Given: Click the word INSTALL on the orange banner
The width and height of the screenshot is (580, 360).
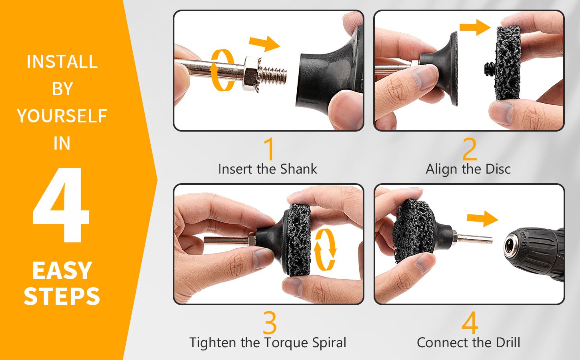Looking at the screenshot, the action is click(x=62, y=62).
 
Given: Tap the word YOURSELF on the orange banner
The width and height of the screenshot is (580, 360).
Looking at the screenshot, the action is click(x=62, y=116).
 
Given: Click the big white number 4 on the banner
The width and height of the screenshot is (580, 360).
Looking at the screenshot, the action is click(x=61, y=205).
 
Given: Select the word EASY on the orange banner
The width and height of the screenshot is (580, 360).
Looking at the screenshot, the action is click(x=62, y=271).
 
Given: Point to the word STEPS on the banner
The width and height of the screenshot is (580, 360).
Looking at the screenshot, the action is click(x=62, y=296).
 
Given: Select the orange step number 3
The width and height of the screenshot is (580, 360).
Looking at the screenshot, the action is click(x=270, y=322).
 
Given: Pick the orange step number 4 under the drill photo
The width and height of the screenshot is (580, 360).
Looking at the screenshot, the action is click(x=470, y=322).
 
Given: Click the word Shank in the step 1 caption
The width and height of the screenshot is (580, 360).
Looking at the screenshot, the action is click(x=298, y=169).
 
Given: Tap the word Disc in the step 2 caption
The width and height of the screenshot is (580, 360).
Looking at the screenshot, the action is click(x=498, y=169).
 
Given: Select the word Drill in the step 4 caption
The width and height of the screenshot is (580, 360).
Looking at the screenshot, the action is click(x=508, y=343).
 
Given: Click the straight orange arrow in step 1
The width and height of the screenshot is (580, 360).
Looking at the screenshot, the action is click(x=264, y=44).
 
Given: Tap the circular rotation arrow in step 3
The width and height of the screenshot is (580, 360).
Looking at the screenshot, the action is click(x=325, y=250).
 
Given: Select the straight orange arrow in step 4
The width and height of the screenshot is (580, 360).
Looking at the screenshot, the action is click(x=482, y=219).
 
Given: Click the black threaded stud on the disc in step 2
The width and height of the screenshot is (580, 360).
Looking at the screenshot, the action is click(x=489, y=68).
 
